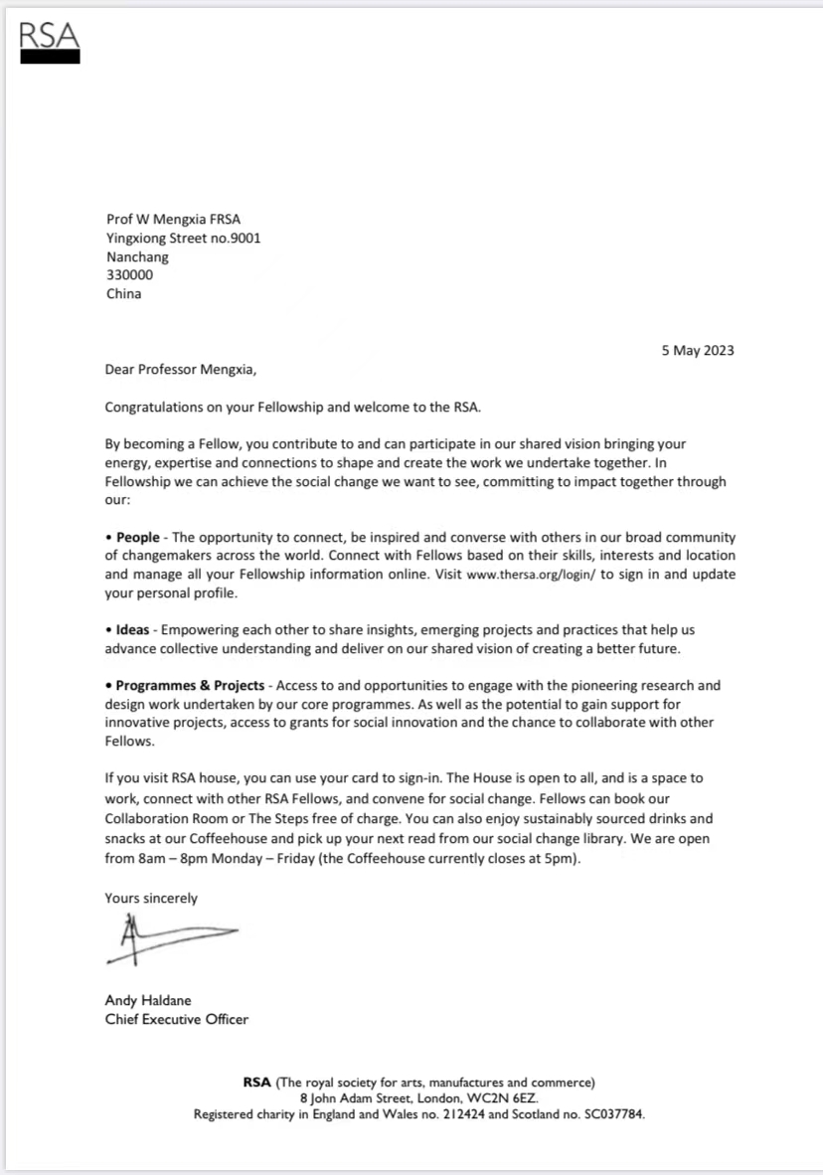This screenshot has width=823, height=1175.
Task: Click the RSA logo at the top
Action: (50, 43)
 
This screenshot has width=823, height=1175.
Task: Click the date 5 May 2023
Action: (697, 350)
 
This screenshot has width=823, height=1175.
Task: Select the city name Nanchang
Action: (137, 256)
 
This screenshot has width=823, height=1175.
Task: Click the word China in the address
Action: (123, 294)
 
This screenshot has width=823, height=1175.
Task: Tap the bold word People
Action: (137, 538)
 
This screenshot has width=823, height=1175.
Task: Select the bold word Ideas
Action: (132, 629)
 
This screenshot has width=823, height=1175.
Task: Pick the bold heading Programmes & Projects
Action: (190, 686)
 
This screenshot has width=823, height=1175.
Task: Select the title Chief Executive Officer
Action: (177, 1019)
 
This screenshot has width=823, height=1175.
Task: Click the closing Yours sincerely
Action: (151, 898)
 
